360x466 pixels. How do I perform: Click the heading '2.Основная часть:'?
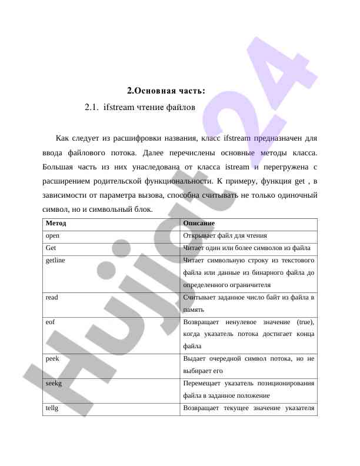point(166,91)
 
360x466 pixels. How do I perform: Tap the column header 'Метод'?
point(56,224)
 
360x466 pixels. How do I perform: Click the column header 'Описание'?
point(199,224)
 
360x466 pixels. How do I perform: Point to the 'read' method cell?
point(52,297)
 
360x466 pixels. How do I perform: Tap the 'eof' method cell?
point(51,322)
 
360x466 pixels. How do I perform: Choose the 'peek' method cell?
point(52,358)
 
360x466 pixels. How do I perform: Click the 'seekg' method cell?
point(54,383)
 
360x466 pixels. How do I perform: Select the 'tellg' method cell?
point(52,408)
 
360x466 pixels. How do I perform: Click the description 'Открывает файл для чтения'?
point(216,235)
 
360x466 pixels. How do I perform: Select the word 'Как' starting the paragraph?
point(62,139)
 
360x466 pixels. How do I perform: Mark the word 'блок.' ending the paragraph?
point(142,209)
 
